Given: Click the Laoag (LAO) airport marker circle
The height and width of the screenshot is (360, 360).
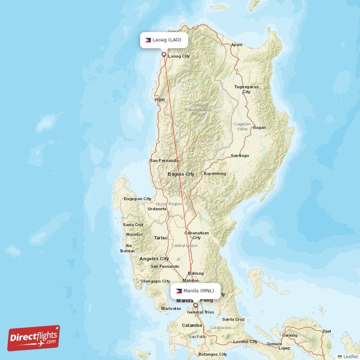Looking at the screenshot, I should [x=164, y=54].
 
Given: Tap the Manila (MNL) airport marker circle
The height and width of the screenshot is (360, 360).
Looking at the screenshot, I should [x=195, y=305].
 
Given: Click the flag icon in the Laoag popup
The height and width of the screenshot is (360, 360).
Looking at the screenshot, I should [x=148, y=40].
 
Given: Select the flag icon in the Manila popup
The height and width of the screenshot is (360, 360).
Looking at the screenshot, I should [x=179, y=291].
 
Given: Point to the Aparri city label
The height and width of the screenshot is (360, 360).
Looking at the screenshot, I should [x=237, y=45].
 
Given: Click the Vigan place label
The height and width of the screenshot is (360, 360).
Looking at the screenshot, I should [x=159, y=99].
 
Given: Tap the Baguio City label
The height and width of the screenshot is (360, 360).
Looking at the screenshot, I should [x=181, y=174].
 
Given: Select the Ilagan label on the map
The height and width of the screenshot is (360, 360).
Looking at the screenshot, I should [x=260, y=127].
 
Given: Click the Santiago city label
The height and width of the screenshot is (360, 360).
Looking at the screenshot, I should [x=240, y=156].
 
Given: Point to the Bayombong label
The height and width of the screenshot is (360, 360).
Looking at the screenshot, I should [x=215, y=173].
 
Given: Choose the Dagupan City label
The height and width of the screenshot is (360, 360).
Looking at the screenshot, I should [x=138, y=198].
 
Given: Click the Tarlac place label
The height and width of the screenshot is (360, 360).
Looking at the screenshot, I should [x=161, y=237].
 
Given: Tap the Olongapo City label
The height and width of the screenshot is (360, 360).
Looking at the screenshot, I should [x=155, y=281].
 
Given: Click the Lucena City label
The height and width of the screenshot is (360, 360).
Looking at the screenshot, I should [x=246, y=342].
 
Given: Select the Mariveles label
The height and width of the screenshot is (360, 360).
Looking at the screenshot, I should [x=171, y=309].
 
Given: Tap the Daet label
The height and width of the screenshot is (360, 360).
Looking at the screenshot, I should [x=327, y=331].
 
